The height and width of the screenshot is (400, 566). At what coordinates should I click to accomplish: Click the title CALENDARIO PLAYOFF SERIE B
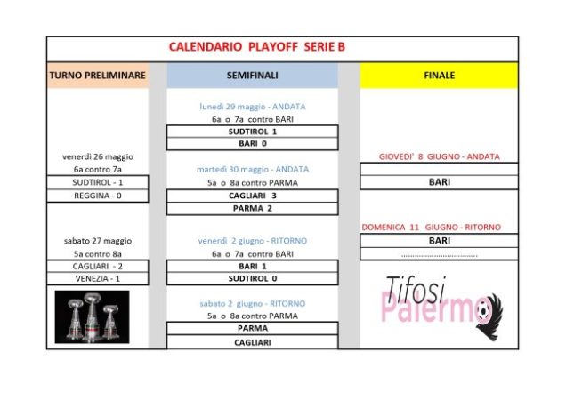(257, 47)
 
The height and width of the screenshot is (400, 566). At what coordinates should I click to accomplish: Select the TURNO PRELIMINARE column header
(98, 76)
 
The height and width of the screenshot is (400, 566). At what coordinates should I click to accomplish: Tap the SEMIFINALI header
(253, 76)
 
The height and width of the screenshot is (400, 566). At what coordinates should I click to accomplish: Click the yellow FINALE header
(439, 76)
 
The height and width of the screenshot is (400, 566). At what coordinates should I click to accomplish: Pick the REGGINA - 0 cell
(98, 196)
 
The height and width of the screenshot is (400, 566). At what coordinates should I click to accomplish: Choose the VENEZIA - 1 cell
(98, 279)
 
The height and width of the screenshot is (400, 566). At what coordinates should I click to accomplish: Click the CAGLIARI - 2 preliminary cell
(98, 266)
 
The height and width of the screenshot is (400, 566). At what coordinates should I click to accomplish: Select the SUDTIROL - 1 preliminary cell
(98, 182)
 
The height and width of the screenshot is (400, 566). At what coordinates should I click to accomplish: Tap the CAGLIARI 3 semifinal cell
(253, 196)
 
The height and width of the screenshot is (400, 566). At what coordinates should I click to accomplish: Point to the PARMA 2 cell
(253, 209)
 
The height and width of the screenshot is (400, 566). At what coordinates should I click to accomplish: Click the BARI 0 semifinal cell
(253, 143)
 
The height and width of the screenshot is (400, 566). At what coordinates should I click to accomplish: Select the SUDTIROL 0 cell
(253, 278)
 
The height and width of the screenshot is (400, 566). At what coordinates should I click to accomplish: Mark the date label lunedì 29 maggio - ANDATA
(253, 107)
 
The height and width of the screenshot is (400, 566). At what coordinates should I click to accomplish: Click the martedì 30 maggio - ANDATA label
(253, 170)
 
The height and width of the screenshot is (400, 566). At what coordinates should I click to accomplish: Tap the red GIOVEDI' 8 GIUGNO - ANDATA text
(440, 157)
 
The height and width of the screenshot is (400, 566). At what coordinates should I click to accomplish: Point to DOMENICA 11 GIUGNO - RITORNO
(432, 228)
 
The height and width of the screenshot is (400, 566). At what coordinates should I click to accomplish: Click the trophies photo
(92, 317)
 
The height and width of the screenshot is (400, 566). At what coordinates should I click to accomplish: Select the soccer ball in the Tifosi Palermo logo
(482, 309)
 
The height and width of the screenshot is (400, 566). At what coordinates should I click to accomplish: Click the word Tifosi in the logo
(416, 289)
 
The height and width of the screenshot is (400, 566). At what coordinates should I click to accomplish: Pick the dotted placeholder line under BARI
(440, 256)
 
